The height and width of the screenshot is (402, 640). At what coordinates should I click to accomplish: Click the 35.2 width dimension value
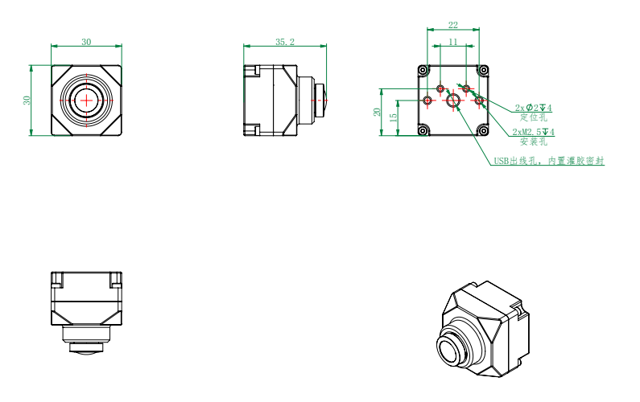[284, 42]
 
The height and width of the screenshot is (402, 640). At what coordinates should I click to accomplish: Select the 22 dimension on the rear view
[453, 25]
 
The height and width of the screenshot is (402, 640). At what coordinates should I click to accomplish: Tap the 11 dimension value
[453, 42]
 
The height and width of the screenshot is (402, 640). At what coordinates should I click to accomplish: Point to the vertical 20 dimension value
[377, 112]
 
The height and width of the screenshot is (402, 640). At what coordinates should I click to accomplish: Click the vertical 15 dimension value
[393, 117]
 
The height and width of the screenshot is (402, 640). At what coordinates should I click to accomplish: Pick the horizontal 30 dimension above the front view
[86, 42]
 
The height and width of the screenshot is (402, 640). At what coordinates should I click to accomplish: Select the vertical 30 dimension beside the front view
[27, 100]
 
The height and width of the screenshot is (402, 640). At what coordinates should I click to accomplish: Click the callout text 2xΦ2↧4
[533, 108]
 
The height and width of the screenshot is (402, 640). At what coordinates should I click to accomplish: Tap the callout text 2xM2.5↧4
[534, 132]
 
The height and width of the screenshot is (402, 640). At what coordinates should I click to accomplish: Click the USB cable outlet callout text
[548, 161]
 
